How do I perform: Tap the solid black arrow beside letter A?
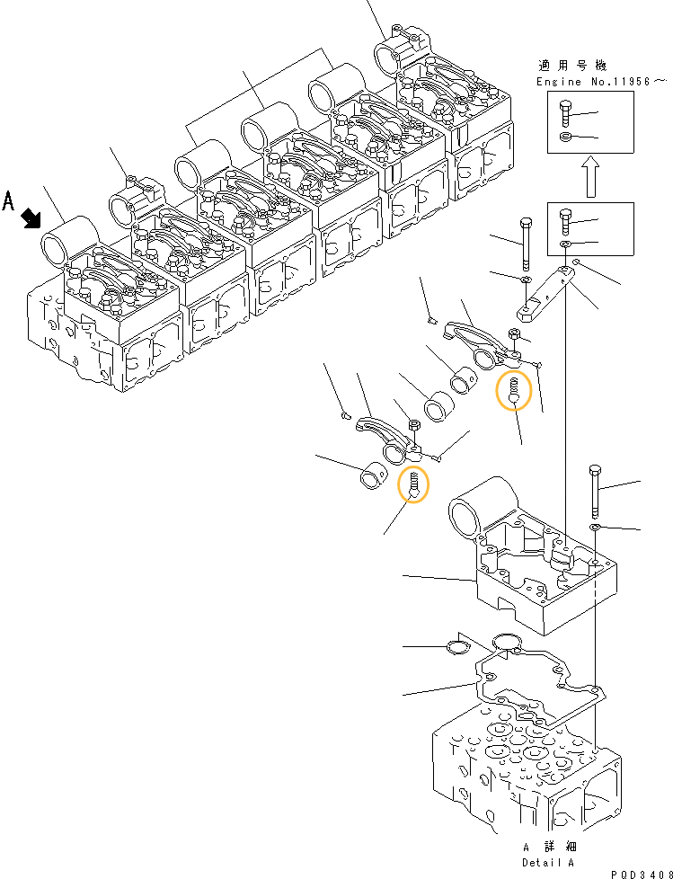pos(32,217)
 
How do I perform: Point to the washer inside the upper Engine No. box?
pos(563,137)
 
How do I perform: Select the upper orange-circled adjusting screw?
pos(514,391)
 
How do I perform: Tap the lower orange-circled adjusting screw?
pos(413,485)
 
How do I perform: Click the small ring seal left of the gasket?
pos(457,646)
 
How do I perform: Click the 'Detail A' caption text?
pos(548,862)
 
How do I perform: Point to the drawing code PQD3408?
pos(639,873)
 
